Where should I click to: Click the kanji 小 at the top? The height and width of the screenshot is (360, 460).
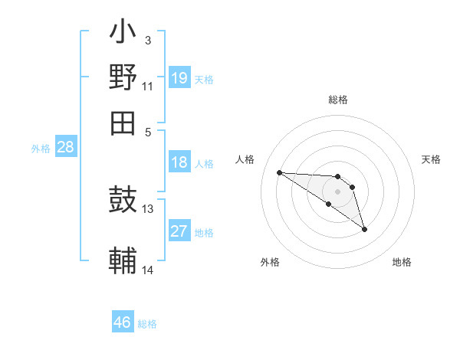[123, 34]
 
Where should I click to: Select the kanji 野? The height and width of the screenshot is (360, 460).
[123, 78]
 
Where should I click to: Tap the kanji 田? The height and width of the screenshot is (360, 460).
[123, 123]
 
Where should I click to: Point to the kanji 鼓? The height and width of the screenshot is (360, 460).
[123, 201]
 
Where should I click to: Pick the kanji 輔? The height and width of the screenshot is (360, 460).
[123, 260]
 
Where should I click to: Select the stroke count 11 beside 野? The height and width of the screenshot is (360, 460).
[148, 86]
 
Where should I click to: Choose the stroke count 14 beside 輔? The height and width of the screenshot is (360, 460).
[148, 270]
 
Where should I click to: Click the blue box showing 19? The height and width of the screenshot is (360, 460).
[179, 78]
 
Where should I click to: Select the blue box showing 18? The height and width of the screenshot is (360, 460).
[179, 162]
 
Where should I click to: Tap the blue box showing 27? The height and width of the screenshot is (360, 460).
[179, 231]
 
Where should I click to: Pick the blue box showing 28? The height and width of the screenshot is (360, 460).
[65, 148]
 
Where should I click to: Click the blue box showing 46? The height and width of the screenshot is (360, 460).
[123, 322]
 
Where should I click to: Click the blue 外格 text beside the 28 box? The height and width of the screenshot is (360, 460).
[41, 149]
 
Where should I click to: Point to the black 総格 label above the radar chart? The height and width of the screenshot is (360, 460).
[338, 100]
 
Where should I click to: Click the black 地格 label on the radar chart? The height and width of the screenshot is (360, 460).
[402, 263]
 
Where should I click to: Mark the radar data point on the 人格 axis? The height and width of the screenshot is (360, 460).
[280, 172]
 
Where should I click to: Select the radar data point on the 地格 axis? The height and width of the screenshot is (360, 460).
[364, 229]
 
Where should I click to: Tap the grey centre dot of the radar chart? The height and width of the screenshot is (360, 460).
[337, 191]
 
